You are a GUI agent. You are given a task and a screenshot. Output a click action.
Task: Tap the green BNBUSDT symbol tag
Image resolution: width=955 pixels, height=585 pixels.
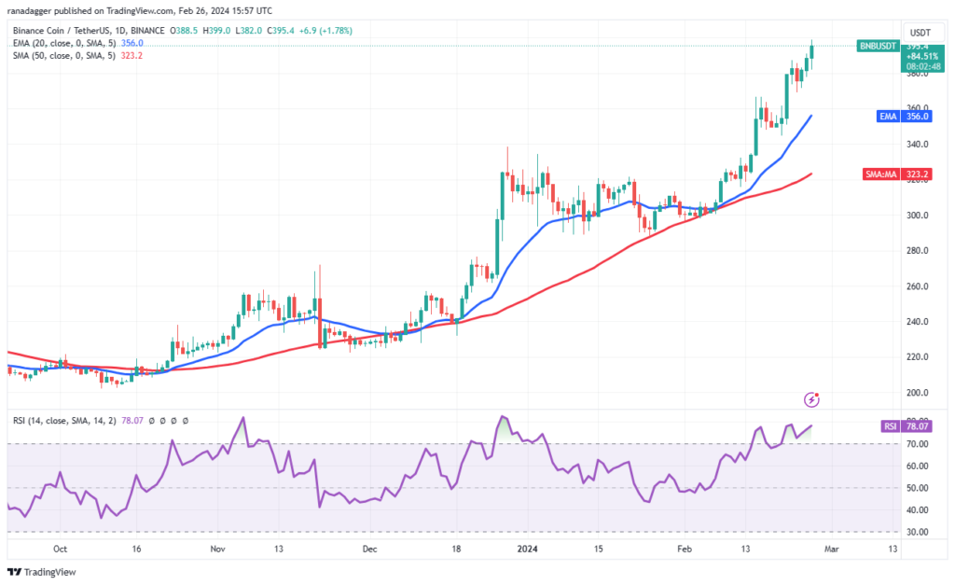[877, 45]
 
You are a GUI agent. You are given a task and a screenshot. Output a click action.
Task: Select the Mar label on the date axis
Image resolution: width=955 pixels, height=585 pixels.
[831, 550]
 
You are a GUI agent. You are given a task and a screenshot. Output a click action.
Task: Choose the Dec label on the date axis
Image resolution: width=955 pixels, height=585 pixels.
[370, 550]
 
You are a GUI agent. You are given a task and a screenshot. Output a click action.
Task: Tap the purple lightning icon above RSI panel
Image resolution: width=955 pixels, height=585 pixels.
[811, 399]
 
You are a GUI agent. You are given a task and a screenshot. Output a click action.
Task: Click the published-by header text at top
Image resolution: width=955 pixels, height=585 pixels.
[140, 10]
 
